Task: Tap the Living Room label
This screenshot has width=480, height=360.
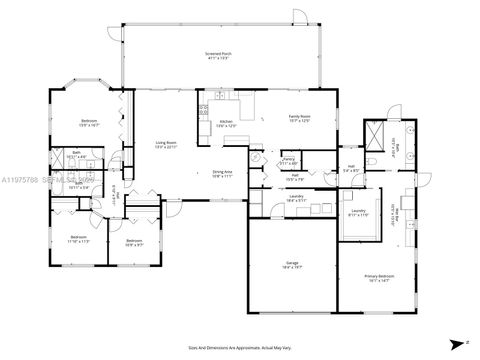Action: coord(165,145)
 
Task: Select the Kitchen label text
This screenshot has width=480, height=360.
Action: coord(226,124)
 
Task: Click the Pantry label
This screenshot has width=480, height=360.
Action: coord(288,160)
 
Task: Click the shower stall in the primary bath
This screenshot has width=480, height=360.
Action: coord(376,132)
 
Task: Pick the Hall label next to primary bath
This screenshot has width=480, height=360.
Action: coord(353,168)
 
